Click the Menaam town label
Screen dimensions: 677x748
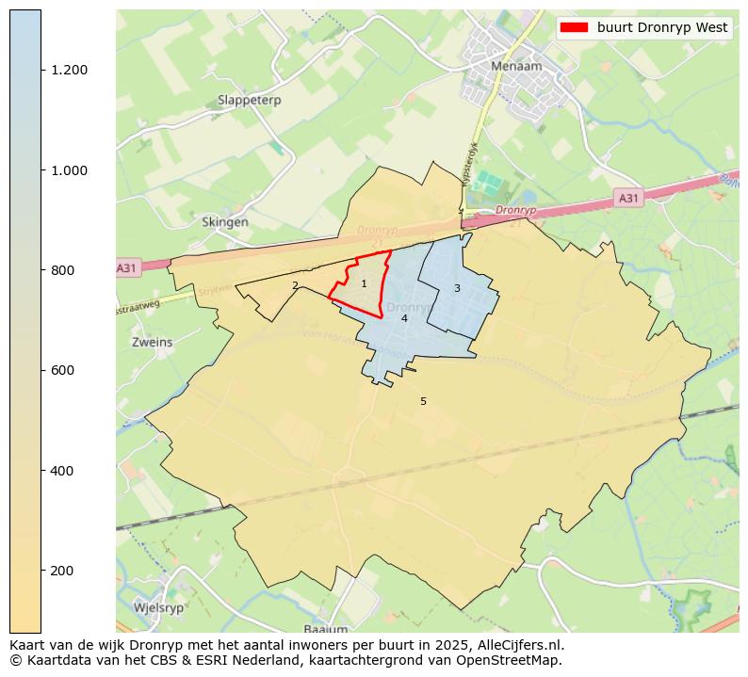pos(513,67)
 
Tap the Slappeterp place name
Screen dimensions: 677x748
pos(249,100)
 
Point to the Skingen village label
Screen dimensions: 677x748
pos(225,222)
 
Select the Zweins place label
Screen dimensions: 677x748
pos(153,343)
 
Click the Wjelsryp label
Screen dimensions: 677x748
pos(158,607)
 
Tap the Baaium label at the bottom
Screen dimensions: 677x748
pos(326,628)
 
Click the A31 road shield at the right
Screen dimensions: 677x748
pos(627,198)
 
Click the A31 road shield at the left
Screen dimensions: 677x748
pos(126,268)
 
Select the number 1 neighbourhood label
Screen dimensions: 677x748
pos(364,283)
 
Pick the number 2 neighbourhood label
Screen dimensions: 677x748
pos(295,285)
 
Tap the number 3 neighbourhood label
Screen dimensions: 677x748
pos(457,288)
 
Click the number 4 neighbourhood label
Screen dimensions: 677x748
pos(404,318)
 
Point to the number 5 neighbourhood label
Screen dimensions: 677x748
pos(423,401)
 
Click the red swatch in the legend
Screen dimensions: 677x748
pos(573,27)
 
